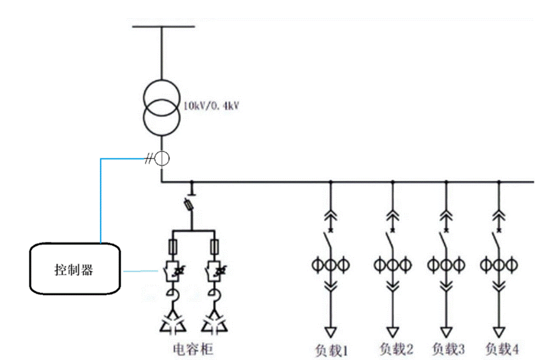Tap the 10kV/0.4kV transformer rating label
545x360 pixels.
(211, 106)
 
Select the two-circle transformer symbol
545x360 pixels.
(162, 104)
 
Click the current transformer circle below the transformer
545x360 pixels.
(162, 159)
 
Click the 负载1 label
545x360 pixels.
(332, 350)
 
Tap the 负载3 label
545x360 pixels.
(448, 349)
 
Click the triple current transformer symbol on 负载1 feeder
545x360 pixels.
(331, 265)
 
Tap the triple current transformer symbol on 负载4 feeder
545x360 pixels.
(500, 265)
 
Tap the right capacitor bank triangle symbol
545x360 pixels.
(214, 322)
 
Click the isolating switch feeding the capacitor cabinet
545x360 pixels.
(191, 204)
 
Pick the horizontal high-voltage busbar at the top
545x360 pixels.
(162, 27)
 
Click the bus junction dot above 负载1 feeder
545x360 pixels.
(331, 182)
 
